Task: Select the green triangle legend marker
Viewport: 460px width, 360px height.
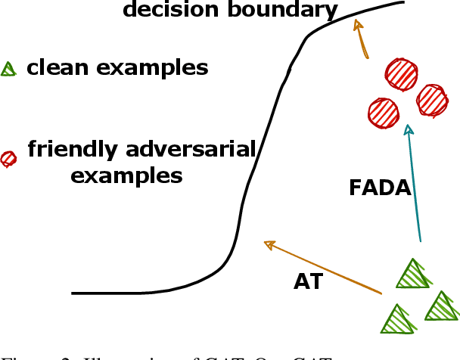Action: [8, 70]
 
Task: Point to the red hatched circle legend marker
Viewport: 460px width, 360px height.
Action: [8, 158]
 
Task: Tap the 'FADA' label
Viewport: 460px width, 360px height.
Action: [380, 188]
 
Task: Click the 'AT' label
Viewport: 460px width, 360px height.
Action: [308, 282]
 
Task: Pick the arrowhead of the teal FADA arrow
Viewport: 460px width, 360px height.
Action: [409, 130]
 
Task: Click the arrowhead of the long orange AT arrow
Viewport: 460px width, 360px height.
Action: [267, 244]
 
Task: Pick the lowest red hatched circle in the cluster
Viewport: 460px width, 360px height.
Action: [383, 113]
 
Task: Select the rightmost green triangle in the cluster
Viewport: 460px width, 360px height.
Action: [441, 307]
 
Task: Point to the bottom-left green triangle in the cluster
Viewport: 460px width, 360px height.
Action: [398, 320]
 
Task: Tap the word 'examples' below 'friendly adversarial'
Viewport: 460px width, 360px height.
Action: [126, 176]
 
